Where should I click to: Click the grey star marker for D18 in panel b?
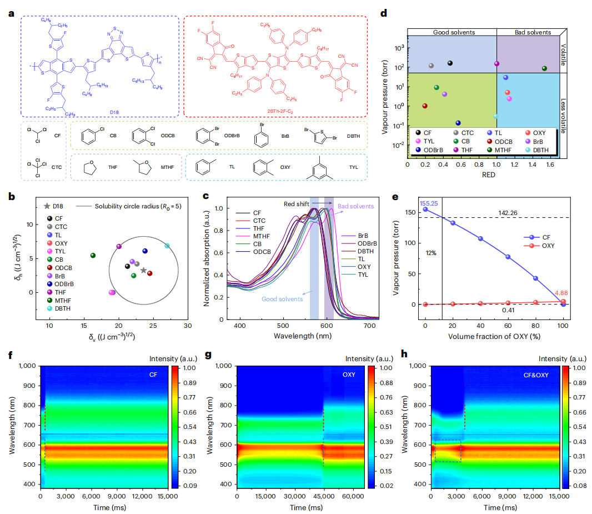pyautogui.click(x=144, y=271)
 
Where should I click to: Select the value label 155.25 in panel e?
pyautogui.click(x=425, y=203)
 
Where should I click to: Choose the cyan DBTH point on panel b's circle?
pyautogui.click(x=168, y=246)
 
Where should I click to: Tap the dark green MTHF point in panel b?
pyautogui.click(x=93, y=256)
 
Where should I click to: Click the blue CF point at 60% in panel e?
pyautogui.click(x=508, y=257)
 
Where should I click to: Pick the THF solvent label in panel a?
pyautogui.click(x=116, y=167)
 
